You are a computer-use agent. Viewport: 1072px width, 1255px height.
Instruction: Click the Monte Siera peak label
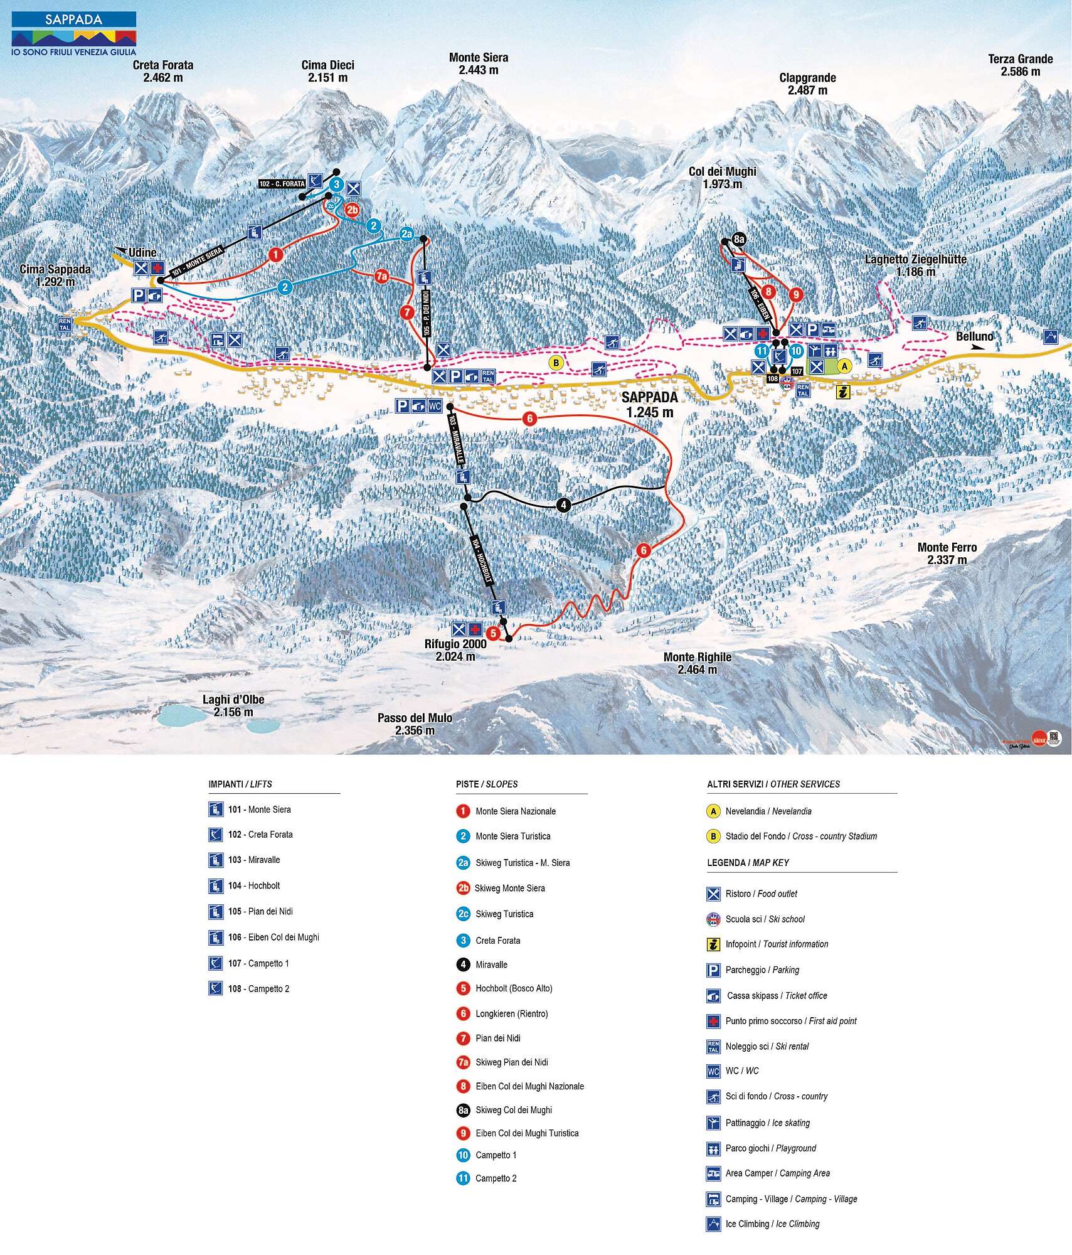pos(478,63)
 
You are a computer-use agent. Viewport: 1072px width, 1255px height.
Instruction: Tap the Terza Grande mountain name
pos(1020,65)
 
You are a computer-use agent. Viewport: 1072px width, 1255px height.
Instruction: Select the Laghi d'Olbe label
pos(233,705)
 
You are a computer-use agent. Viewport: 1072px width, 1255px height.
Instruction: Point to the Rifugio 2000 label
pos(455,649)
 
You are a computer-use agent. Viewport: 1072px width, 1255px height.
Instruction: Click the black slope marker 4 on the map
pos(563,505)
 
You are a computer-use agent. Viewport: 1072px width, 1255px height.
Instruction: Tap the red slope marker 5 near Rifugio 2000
pos(493,633)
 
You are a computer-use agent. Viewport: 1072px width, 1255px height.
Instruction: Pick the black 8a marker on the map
pos(739,239)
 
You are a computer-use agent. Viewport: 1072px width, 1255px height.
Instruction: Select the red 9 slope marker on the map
pos(796,294)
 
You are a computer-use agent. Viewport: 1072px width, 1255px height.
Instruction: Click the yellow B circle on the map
pos(555,362)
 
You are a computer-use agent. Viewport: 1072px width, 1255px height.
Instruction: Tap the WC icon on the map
pos(435,406)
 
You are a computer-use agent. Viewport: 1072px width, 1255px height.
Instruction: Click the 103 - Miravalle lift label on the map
pos(457,439)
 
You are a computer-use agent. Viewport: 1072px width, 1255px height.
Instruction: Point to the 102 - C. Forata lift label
pos(282,184)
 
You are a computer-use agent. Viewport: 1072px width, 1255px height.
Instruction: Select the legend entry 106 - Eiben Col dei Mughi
pos(273,937)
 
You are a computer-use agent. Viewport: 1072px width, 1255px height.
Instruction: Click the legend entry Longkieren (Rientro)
pos(511,1013)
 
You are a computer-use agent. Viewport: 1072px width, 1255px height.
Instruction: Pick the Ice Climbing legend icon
pos(713,1224)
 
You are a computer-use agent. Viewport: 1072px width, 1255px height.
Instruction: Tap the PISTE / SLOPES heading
pos(487,784)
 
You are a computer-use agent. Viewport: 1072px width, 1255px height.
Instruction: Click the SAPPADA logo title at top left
pos(73,19)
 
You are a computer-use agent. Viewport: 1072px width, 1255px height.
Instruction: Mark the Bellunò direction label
pos(974,337)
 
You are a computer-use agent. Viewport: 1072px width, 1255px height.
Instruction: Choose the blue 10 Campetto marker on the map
pos(796,351)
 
